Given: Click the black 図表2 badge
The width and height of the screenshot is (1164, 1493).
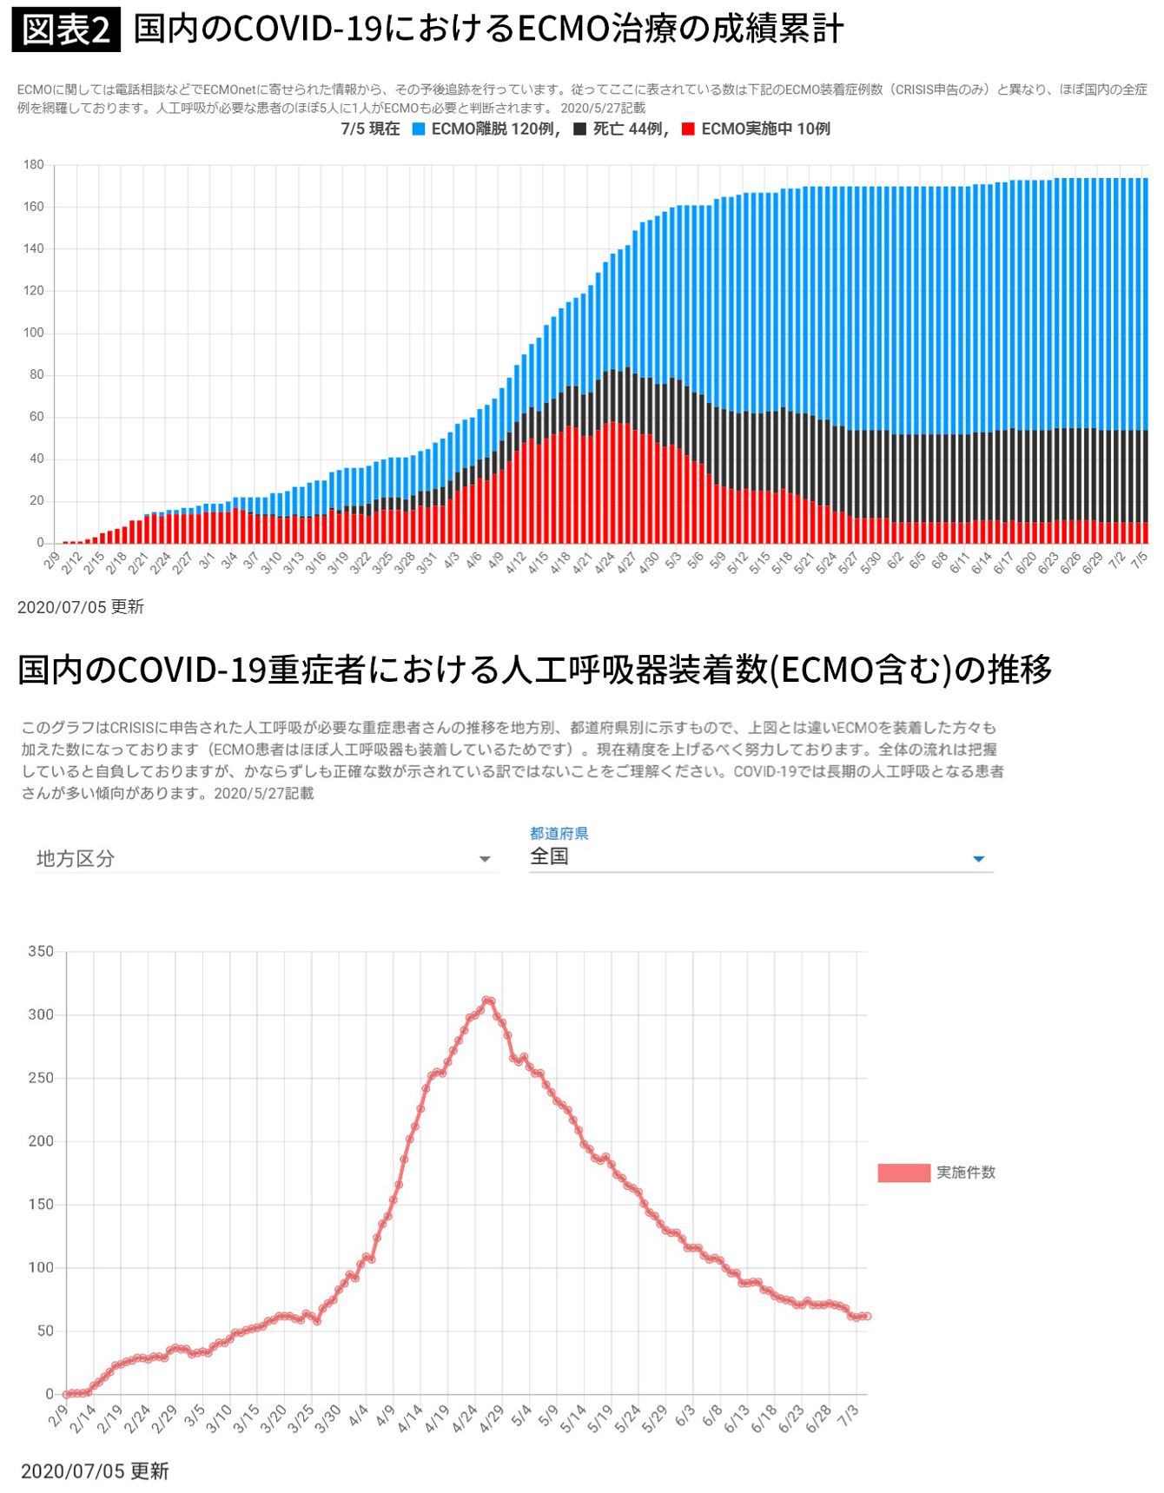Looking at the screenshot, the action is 66,30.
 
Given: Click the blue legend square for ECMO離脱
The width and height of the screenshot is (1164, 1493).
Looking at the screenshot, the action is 419,129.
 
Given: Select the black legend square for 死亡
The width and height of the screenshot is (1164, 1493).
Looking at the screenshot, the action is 580,129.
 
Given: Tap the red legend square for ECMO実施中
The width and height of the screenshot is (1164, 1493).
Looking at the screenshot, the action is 688,129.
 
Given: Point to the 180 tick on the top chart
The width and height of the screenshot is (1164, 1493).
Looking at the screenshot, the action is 34,165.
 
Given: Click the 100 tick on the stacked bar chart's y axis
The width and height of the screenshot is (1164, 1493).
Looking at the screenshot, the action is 34,333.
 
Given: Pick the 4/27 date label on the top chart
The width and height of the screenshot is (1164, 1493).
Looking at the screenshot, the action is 626,561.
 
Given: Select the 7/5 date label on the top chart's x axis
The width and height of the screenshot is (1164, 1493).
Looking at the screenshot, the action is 1140,559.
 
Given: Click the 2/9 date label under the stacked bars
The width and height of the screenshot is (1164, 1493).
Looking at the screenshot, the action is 52,559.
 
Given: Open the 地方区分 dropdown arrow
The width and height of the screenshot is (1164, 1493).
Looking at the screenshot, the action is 485,859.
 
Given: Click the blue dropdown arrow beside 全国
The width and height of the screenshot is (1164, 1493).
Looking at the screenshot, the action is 978,859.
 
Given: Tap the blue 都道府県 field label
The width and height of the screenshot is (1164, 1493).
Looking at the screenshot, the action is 559,833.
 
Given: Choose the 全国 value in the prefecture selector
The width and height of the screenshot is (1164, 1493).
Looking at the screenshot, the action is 549,856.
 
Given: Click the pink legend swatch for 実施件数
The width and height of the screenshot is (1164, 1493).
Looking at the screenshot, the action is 903,1173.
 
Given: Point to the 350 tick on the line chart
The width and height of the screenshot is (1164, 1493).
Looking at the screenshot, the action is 41,951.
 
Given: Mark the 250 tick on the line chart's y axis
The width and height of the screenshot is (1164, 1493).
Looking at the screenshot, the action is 41,1078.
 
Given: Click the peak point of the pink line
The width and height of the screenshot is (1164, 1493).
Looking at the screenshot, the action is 487,1001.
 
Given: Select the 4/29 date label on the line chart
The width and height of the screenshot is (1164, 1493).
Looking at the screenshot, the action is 492,1417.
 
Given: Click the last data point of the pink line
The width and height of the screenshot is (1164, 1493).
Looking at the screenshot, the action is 866,1316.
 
